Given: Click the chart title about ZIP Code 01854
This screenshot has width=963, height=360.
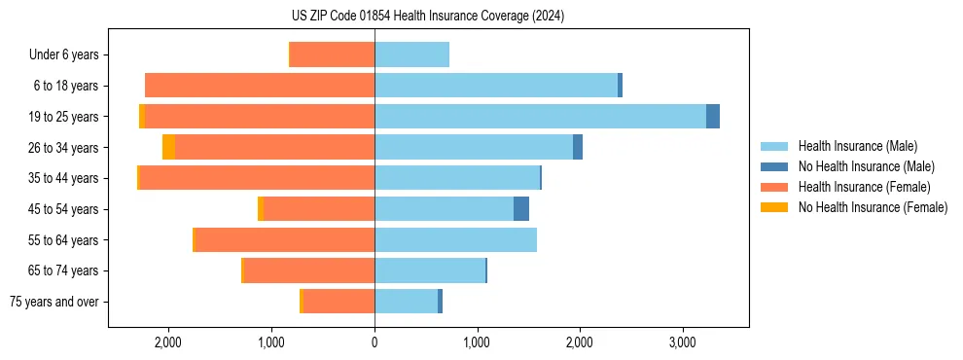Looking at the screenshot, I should coord(427,17).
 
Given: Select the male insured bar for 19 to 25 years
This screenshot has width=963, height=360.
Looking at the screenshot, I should coord(540,117).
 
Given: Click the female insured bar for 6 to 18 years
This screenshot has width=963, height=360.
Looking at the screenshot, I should coord(260,86).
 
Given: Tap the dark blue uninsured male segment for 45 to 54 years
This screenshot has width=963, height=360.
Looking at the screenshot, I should coord(521,209).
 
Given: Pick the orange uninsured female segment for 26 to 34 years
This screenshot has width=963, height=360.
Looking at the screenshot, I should coord(168,148).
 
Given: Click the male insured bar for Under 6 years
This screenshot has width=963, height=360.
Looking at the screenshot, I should coord(411,55).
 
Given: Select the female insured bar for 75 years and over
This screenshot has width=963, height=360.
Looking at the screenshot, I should coord(339,302).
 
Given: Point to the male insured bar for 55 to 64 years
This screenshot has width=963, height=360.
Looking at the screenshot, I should coord(455,240).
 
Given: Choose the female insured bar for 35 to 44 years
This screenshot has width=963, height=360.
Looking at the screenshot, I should coord(257,178).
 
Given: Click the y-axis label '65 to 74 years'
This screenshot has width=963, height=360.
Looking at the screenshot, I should coord(63,271).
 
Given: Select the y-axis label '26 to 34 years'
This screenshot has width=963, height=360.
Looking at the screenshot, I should coord(63,148).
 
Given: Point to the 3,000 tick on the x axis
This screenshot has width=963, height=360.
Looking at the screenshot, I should coord(682,342).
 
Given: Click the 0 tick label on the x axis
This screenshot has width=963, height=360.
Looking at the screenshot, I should coord(374,342).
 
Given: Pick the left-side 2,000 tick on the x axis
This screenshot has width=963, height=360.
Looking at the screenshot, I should coord(167,342).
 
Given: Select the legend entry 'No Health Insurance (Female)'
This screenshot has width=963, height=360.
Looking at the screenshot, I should coord(873,207).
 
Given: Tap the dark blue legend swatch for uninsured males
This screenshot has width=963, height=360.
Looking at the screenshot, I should coord(774,166).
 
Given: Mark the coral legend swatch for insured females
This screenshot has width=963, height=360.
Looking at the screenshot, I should coord(774,187).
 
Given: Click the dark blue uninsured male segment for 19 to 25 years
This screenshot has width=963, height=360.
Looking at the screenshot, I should coord(713,117).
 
